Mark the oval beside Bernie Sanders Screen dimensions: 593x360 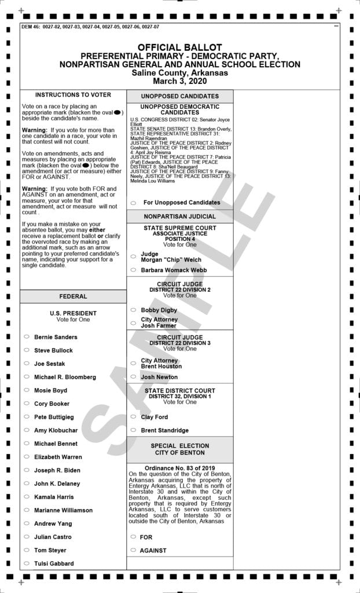(x=27, y=337)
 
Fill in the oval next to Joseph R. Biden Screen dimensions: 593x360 (x=27, y=470)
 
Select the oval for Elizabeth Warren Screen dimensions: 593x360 (x=27, y=457)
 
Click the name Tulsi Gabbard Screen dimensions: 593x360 (x=54, y=563)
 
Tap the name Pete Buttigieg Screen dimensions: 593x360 (x=54, y=417)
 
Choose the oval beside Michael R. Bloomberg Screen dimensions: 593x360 (x=27, y=377)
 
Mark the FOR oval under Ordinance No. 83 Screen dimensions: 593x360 (x=133, y=537)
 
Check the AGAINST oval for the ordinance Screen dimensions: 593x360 (x=133, y=550)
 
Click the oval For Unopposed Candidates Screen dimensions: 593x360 (x=133, y=203)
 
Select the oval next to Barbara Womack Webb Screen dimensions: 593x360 (x=133, y=270)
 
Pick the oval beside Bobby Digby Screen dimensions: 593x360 (x=133, y=310)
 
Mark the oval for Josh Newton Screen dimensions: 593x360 (x=133, y=377)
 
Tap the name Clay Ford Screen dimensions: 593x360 (x=154, y=417)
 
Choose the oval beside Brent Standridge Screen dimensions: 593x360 (x=133, y=430)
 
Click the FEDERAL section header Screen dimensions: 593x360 (x=73, y=296)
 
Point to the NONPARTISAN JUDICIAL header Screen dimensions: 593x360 (x=179, y=216)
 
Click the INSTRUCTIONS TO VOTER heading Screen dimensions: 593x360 (x=73, y=95)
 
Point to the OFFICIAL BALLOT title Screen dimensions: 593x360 (x=179, y=47)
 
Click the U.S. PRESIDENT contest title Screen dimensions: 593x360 (x=73, y=313)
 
